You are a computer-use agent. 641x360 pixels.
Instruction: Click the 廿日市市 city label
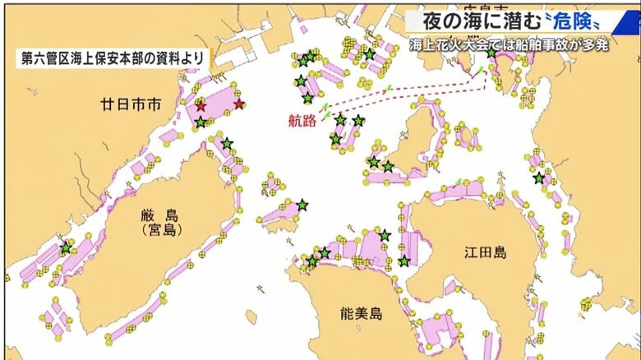pyautogui.click(x=130, y=105)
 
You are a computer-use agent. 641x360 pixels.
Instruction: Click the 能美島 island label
pyautogui.click(x=361, y=313)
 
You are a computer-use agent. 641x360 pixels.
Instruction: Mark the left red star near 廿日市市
pyautogui.click(x=201, y=106)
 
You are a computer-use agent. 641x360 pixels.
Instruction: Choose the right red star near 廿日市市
pyautogui.click(x=239, y=104)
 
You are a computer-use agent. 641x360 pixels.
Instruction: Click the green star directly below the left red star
pyautogui.click(x=201, y=122)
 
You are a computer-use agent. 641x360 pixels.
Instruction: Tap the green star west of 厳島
pyautogui.click(x=66, y=247)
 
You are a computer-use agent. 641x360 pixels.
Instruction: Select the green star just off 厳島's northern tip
pyautogui.click(x=227, y=143)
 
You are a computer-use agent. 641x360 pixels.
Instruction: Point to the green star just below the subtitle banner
pyautogui.click(x=491, y=52)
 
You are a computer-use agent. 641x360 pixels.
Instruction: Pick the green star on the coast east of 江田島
pyautogui.click(x=539, y=178)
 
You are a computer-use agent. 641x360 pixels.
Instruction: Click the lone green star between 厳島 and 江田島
pyautogui.click(x=302, y=204)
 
